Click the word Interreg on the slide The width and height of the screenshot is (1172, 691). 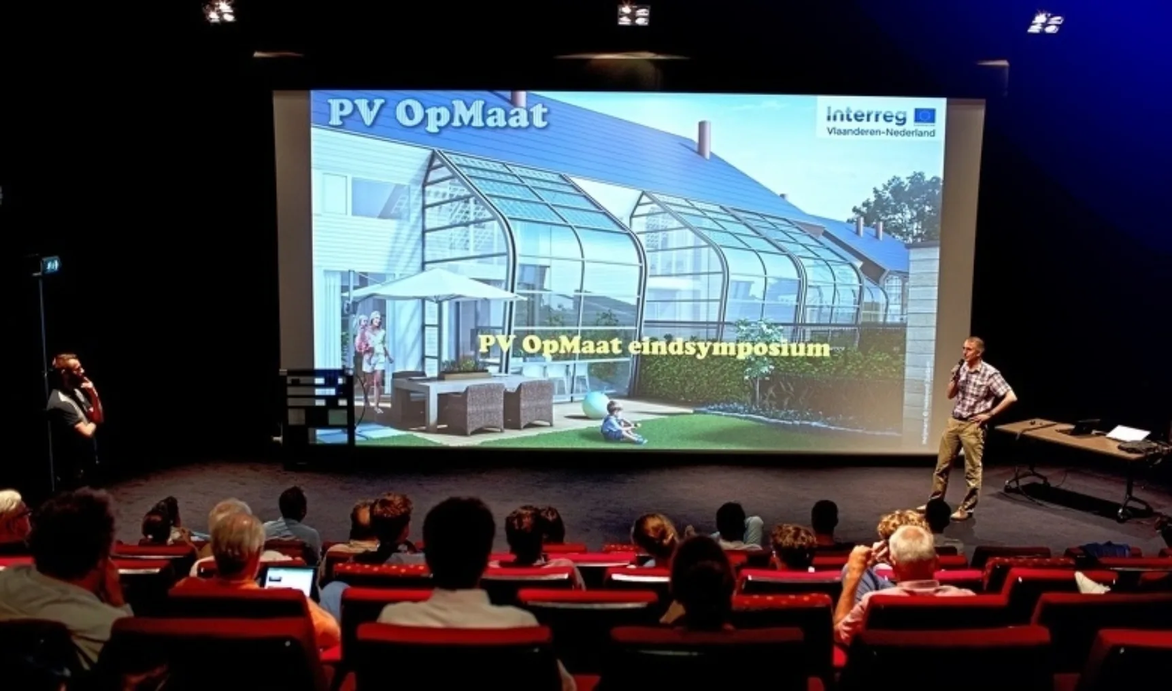click(866, 115)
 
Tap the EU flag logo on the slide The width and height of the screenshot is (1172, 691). click(924, 115)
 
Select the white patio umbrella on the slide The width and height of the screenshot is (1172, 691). click(435, 286)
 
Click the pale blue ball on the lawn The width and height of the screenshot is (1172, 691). click(595, 407)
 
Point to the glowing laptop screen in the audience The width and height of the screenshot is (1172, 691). click(289, 579)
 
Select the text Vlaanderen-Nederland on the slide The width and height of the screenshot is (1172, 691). click(881, 132)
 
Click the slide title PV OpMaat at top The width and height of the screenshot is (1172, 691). click(437, 114)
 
